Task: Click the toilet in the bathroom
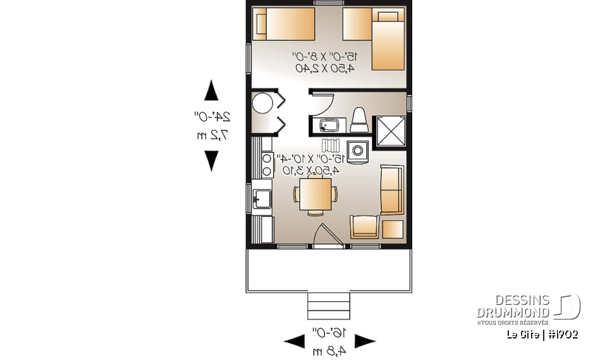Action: (x=359, y=120)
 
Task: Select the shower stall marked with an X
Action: (x=389, y=131)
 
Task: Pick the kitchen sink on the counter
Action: (x=262, y=199)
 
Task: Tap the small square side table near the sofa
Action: (x=393, y=228)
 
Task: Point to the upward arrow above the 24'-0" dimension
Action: (x=211, y=90)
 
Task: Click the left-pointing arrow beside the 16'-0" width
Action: (x=294, y=342)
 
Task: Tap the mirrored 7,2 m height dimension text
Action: (x=211, y=135)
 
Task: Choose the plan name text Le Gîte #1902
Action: (x=542, y=335)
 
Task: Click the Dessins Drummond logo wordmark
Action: (x=513, y=307)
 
